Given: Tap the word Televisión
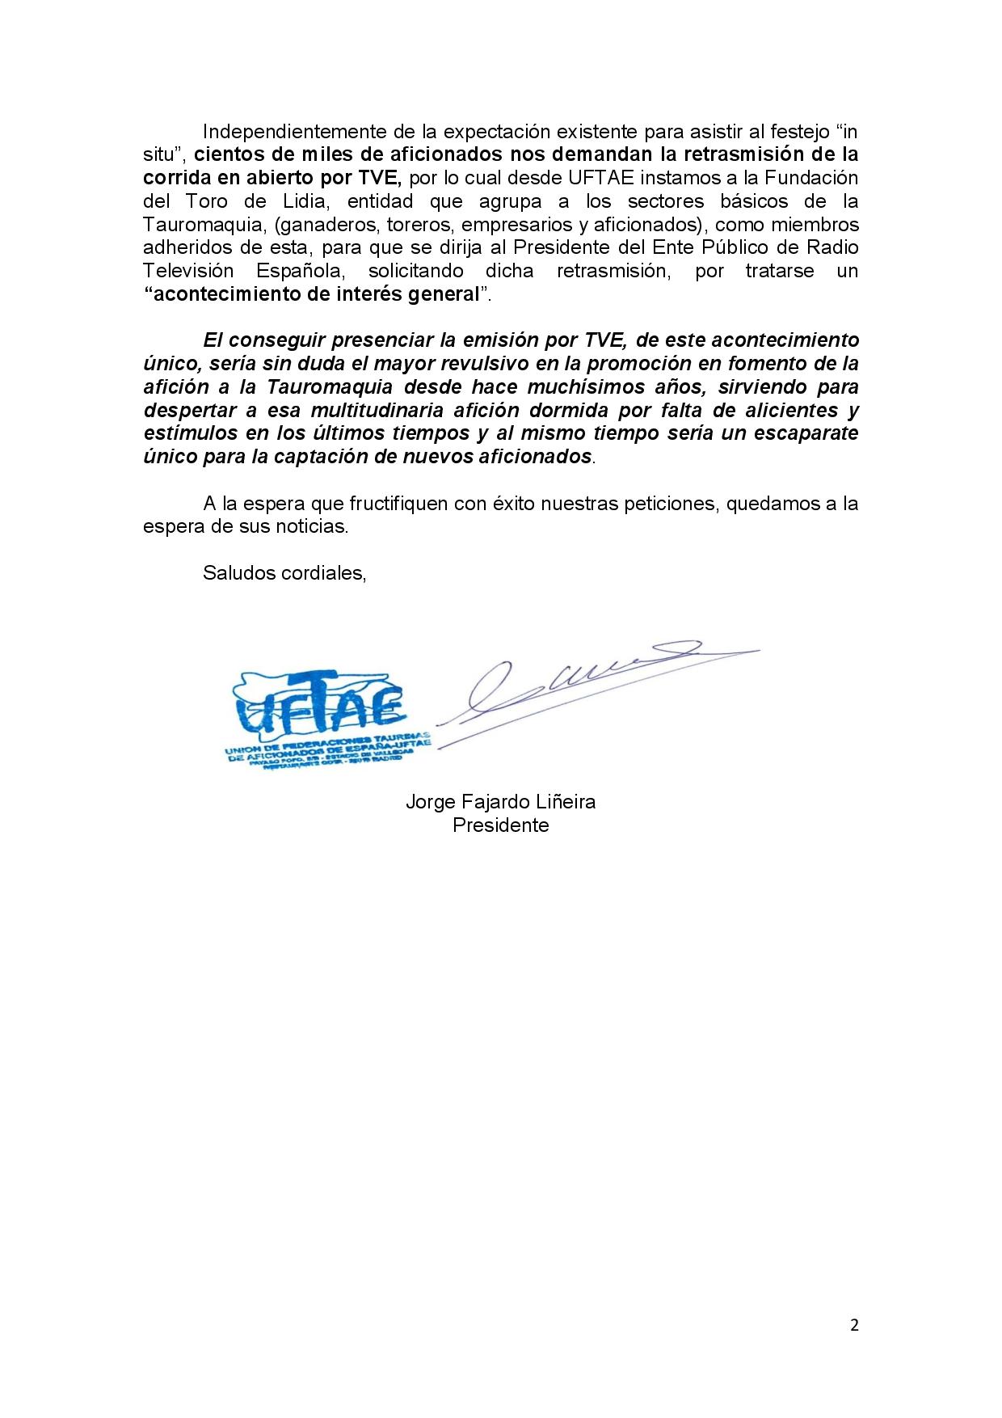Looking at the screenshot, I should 188,271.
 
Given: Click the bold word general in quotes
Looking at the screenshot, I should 440,294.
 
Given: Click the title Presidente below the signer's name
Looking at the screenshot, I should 500,825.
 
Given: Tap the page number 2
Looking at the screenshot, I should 855,1324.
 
